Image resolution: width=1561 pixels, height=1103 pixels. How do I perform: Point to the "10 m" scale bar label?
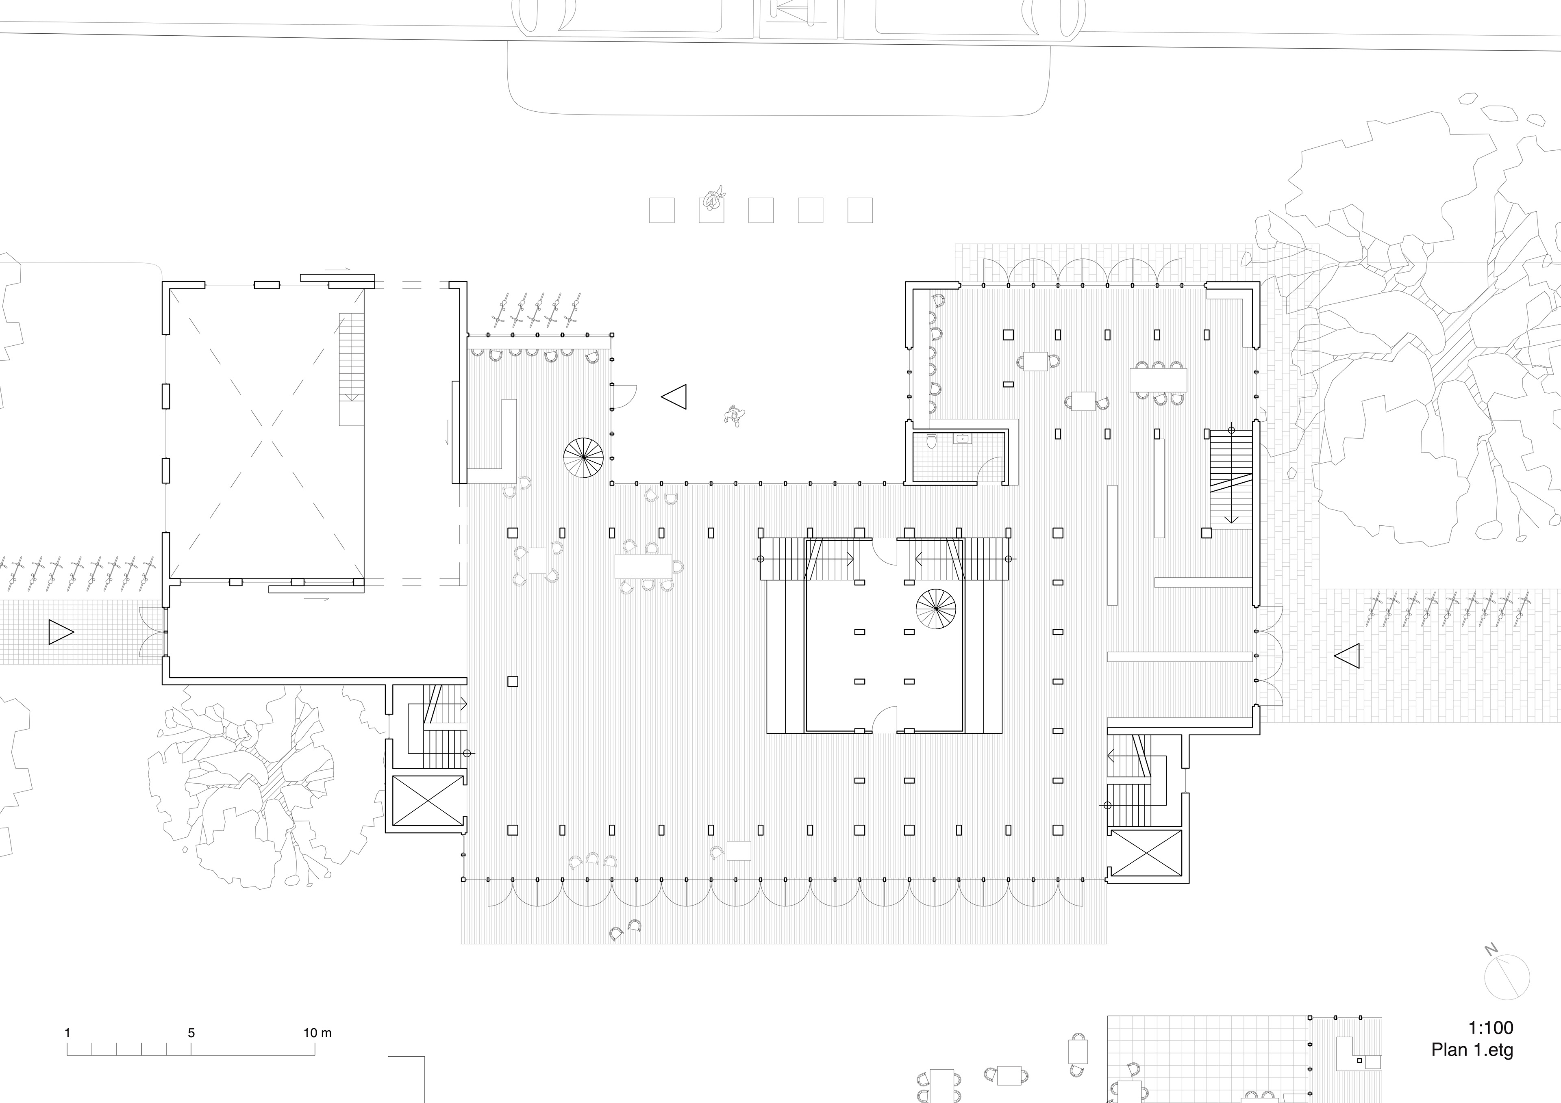click(317, 1033)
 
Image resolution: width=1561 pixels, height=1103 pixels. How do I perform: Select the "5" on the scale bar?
click(191, 1033)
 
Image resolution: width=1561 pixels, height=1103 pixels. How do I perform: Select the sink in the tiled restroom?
click(963, 438)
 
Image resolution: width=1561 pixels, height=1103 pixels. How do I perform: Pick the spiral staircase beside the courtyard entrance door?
click(583, 457)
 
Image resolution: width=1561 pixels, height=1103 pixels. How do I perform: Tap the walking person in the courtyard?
click(734, 414)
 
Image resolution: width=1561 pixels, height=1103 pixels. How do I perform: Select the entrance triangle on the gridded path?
click(61, 632)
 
